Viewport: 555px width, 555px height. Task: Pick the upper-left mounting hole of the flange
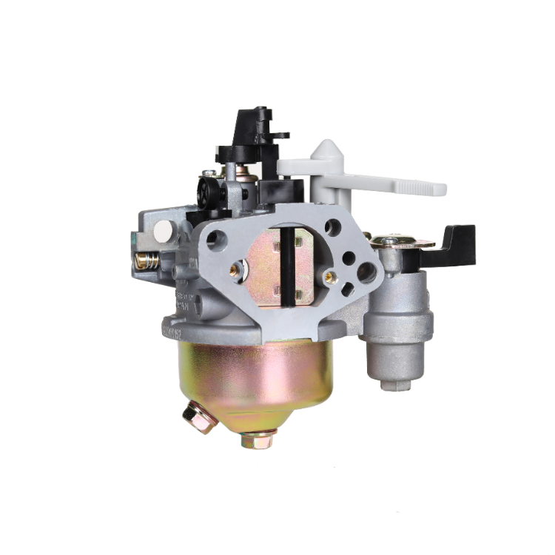[216, 238]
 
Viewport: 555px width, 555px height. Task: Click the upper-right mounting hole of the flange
[333, 227]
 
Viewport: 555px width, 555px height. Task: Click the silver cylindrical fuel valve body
[400, 318]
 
